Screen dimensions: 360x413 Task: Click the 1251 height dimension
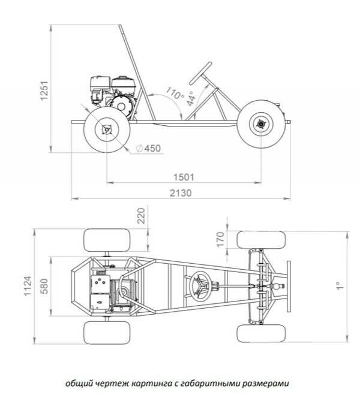pos(44,91)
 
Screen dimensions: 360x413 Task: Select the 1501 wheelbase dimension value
pos(184,177)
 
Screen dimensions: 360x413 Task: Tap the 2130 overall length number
pos(181,193)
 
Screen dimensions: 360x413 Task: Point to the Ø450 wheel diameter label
pos(148,148)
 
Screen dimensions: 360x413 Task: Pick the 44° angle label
pos(191,98)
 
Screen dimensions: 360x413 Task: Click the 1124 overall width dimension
pos(28,286)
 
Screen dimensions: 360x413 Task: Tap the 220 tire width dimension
pos(142,216)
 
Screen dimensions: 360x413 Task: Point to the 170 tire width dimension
pos(220,239)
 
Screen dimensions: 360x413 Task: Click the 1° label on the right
pos(340,286)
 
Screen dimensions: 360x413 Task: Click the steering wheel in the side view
pos(200,73)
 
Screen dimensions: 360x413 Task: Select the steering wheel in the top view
pos(201,287)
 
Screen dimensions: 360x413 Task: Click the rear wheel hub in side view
pos(107,129)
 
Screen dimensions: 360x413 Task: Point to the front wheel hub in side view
pos(261,124)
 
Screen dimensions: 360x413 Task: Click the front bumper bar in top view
pos(289,287)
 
